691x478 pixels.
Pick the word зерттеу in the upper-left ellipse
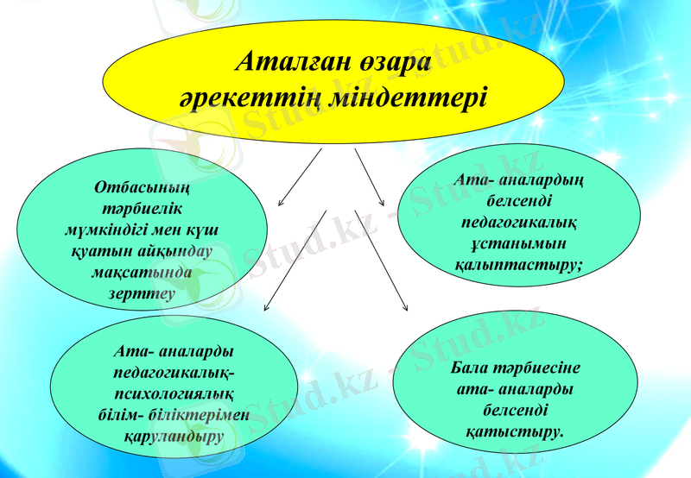[x=141, y=292]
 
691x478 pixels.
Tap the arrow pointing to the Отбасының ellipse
[x=298, y=179]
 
